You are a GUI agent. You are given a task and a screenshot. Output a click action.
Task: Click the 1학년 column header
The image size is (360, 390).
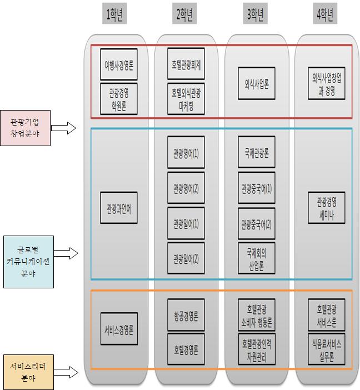point(117,16)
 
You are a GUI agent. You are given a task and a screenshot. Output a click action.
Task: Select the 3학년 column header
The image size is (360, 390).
point(256,16)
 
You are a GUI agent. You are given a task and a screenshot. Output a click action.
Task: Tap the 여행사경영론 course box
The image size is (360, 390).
point(119,64)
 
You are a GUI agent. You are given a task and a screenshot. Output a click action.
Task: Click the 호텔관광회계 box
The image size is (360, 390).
point(186,64)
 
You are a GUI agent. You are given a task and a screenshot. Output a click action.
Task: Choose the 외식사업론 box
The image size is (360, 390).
point(256,84)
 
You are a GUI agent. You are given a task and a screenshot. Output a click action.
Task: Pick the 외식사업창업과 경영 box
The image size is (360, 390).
point(327,83)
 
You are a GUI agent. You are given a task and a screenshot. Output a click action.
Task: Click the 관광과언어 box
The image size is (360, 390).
point(119,208)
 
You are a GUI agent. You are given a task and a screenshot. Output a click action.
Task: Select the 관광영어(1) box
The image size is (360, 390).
point(186,152)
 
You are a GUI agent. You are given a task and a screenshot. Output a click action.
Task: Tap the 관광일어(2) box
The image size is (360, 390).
point(186,258)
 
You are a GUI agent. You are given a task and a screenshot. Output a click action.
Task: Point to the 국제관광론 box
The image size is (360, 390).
point(256,152)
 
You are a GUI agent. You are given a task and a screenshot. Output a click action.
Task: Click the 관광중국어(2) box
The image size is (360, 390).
point(256,224)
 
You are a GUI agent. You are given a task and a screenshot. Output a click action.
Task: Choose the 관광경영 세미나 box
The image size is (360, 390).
point(327,208)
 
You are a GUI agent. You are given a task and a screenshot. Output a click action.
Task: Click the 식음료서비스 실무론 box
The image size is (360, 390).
point(327,348)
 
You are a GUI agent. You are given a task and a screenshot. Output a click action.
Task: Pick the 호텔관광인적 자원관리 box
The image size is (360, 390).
point(256,348)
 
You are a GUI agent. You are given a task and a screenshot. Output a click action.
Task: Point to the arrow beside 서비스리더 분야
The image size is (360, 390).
point(66,371)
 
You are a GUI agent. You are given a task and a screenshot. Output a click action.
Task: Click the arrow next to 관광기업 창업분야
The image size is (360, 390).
point(66,128)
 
